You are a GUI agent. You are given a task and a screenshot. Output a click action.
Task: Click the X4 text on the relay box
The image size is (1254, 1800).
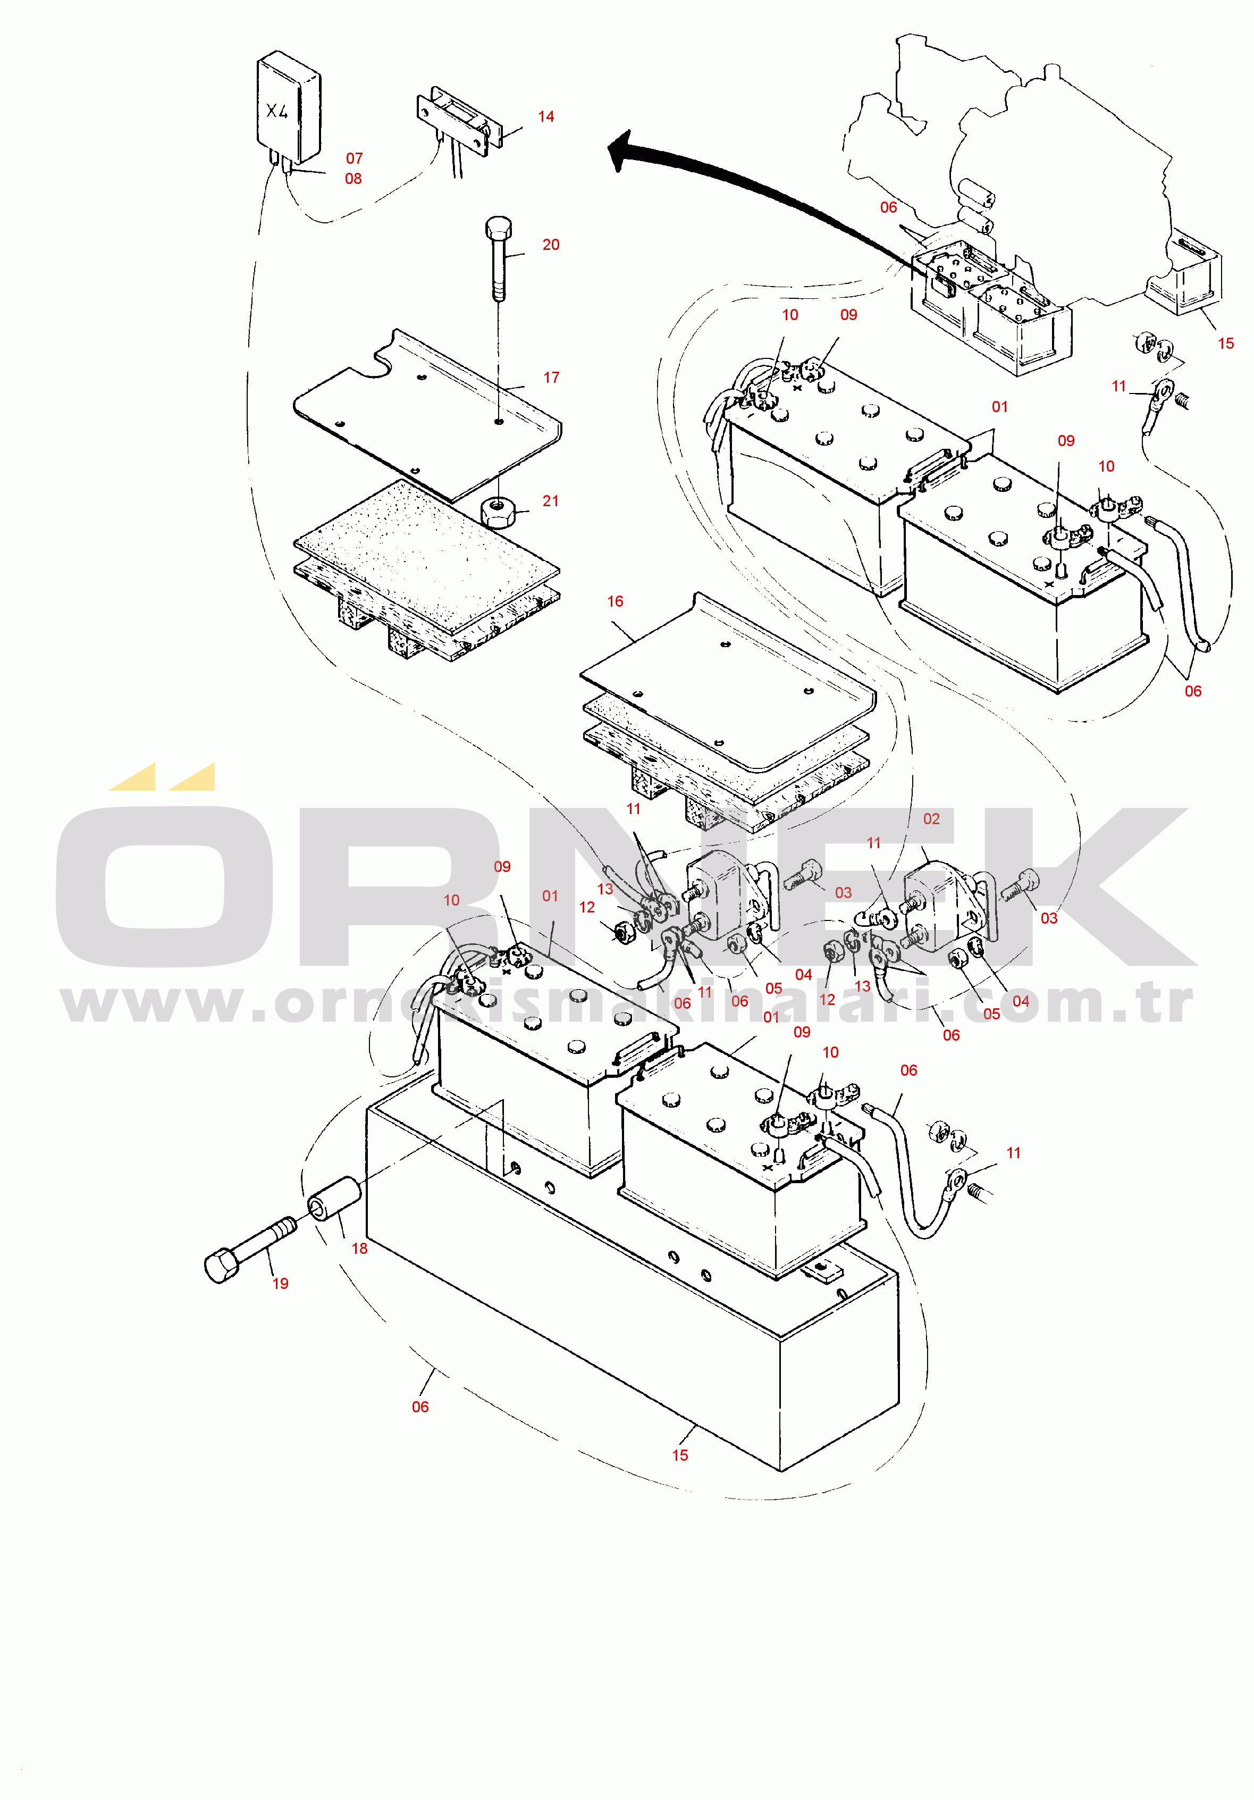click(x=276, y=111)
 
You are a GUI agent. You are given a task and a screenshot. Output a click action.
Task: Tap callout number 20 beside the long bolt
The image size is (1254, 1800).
click(x=551, y=245)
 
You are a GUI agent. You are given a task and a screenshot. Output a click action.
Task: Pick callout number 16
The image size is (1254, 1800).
click(x=615, y=601)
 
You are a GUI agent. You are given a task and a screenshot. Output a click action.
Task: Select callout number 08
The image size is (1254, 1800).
click(x=354, y=179)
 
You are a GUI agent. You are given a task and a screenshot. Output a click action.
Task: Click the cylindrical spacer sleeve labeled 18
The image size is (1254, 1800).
click(x=333, y=1200)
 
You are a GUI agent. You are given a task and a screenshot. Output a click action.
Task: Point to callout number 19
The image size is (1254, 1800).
click(x=281, y=1283)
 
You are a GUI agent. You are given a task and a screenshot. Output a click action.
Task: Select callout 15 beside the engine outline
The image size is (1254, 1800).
click(x=1226, y=344)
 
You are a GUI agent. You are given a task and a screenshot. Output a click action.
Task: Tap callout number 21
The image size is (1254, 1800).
click(x=551, y=501)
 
